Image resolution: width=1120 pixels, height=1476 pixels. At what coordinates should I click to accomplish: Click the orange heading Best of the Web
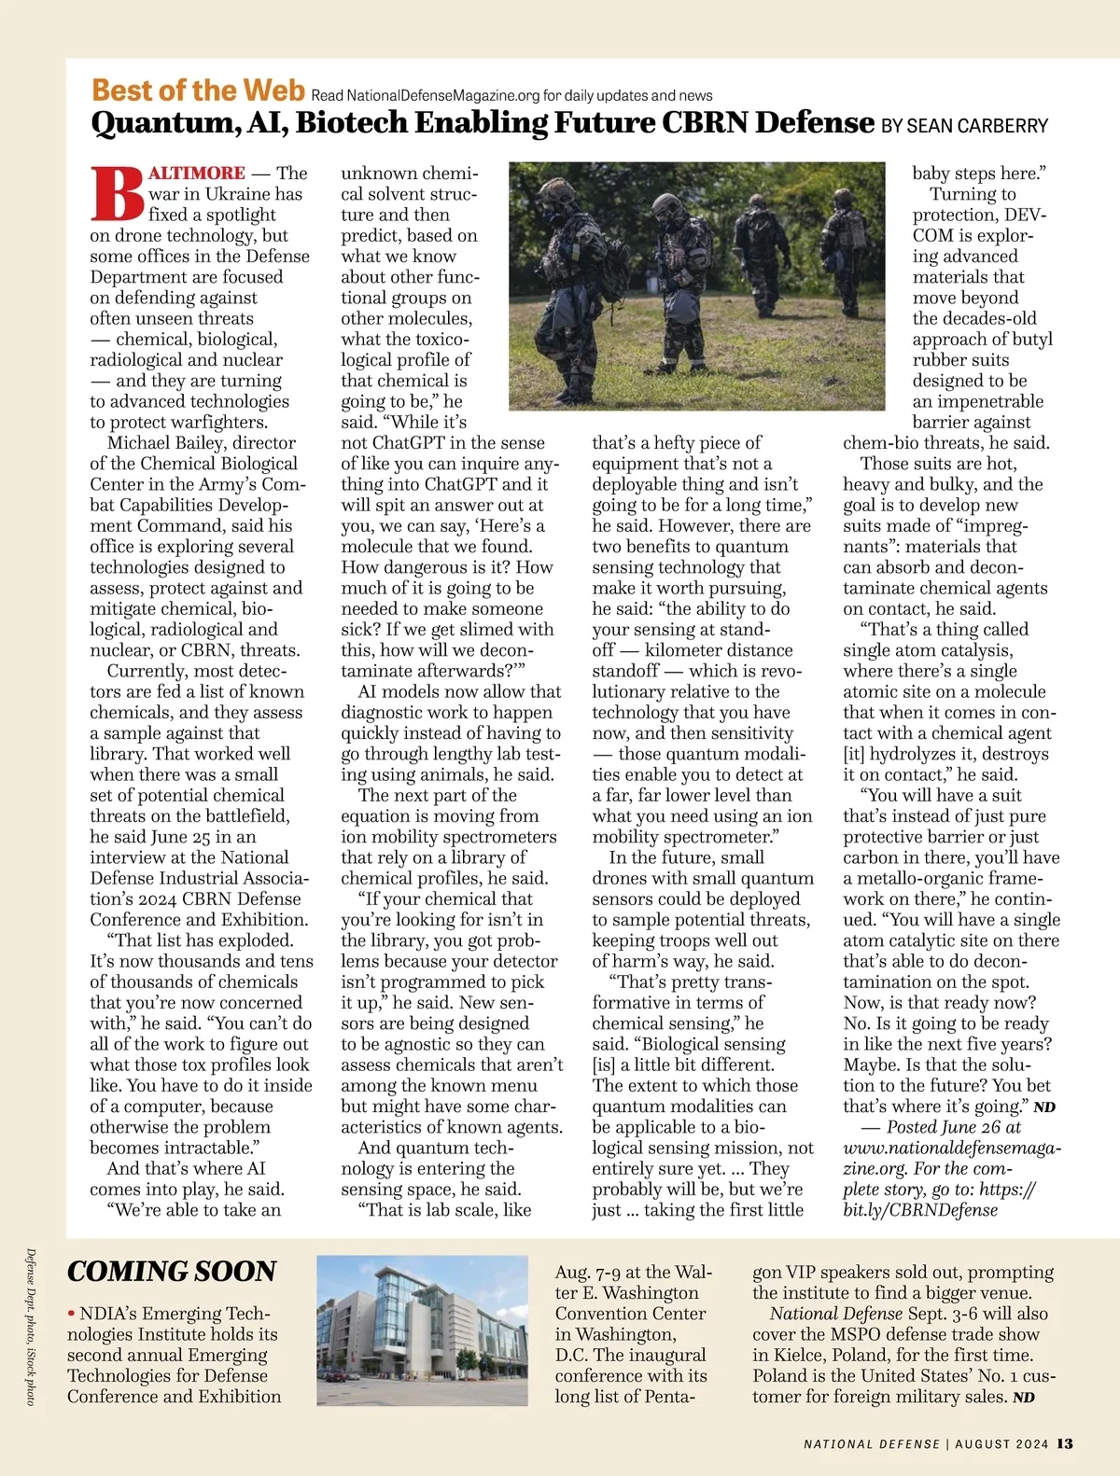tap(198, 91)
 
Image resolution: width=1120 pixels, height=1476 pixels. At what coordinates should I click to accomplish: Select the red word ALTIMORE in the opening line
tap(197, 173)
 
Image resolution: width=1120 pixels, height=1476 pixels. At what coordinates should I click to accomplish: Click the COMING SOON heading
tap(172, 1272)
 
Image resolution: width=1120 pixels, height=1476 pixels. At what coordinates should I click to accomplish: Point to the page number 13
tap(1065, 1443)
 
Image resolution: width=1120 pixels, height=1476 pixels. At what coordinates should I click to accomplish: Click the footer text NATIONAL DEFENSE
tap(872, 1444)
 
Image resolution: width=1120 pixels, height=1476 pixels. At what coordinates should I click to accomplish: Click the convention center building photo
tap(422, 1330)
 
